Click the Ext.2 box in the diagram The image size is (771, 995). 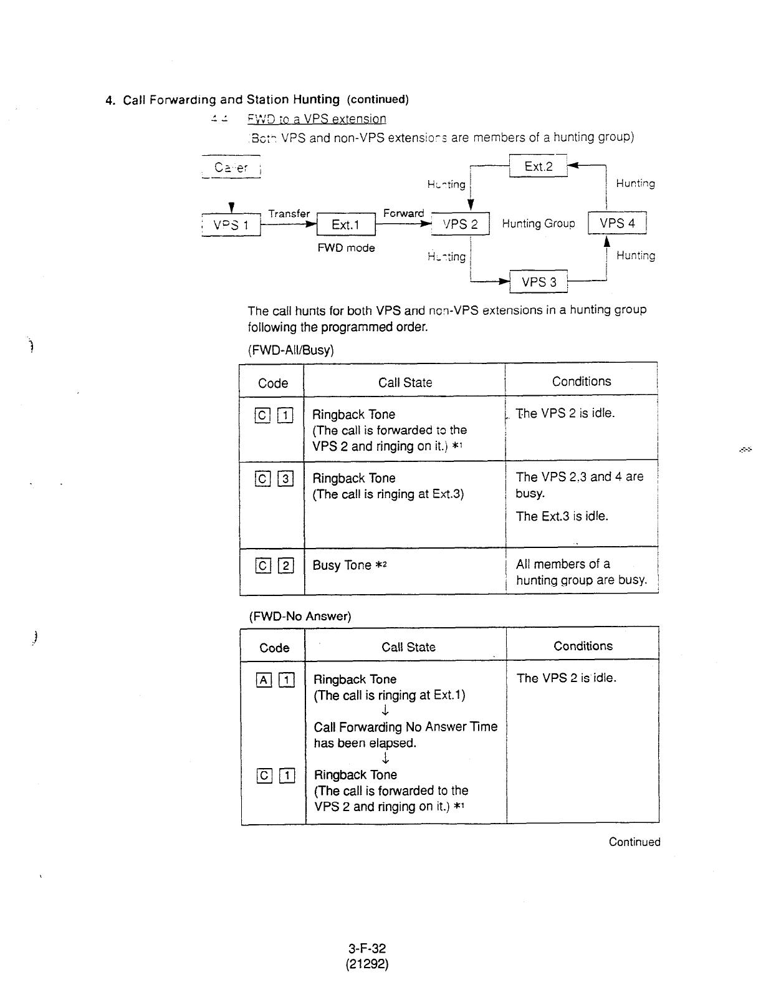click(x=538, y=166)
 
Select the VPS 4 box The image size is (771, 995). click(x=617, y=223)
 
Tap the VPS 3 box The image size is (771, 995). click(x=539, y=282)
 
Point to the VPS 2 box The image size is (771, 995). click(x=460, y=224)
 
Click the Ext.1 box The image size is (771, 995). click(x=345, y=225)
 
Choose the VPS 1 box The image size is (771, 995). click(x=231, y=225)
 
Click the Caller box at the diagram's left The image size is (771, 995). click(x=231, y=167)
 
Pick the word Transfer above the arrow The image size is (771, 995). click(x=289, y=213)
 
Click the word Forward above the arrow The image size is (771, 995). click(x=403, y=213)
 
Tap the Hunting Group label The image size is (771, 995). click(x=539, y=223)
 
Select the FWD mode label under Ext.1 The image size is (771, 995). click(x=346, y=248)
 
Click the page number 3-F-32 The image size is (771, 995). click(x=367, y=948)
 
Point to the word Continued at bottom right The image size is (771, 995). click(x=634, y=842)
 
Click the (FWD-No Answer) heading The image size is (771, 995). click(x=300, y=616)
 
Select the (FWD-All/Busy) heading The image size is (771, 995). click(x=290, y=350)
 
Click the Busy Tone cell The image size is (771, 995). click(x=350, y=565)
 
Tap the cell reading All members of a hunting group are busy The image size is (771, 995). click(x=581, y=572)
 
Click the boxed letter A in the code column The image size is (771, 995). click(x=264, y=680)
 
